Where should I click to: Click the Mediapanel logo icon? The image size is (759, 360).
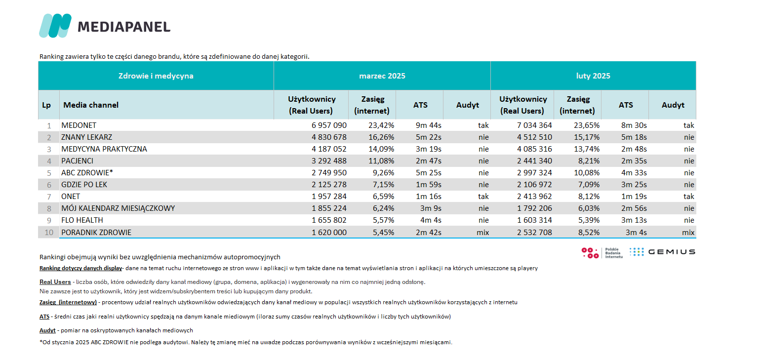55,26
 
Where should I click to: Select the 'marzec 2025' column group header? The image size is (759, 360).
382,76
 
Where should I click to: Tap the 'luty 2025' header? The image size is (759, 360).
593,76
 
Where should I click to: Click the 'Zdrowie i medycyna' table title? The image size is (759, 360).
156,76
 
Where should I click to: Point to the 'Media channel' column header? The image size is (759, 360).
91,105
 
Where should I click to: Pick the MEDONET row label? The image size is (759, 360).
79,125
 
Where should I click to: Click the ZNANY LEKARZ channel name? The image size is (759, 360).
86,137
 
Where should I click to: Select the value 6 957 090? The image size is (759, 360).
329,125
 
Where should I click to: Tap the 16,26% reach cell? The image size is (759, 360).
381,137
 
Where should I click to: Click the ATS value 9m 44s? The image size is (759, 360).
428,125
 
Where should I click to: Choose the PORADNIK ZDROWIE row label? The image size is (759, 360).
96,233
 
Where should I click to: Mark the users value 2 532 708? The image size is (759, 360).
534,233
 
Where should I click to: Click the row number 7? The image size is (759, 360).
49,197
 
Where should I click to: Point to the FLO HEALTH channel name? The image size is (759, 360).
82,220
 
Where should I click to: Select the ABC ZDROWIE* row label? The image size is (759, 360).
87,173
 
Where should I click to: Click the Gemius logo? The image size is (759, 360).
662,252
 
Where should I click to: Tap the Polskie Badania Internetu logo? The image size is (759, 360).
602,253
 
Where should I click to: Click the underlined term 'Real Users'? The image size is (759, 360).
55,282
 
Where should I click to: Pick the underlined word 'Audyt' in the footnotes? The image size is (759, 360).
47,330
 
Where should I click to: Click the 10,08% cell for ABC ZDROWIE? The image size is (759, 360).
587,173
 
